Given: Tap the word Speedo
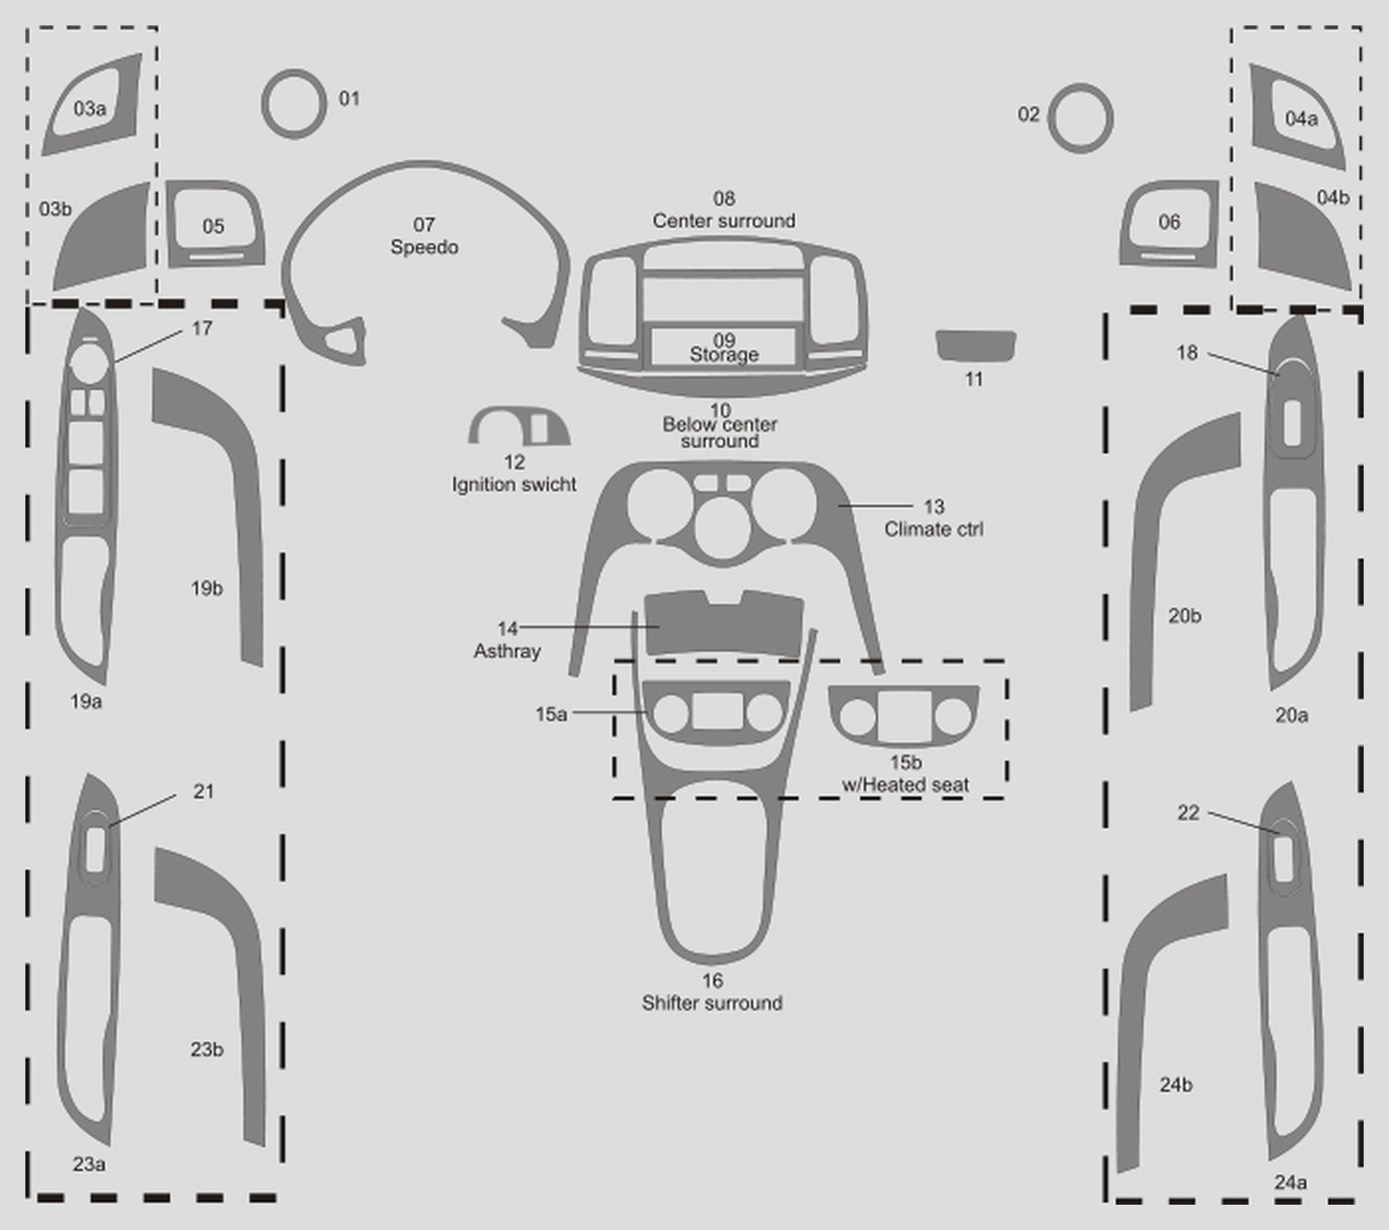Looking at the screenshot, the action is point(424,247).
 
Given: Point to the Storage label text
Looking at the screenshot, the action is point(724,355).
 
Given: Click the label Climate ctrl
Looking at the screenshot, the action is point(933,529).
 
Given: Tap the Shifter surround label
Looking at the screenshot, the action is point(712,1003).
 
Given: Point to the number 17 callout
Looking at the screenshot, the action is point(202,328).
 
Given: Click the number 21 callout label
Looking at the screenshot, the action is point(203,792).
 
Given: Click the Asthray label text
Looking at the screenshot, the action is point(507,651).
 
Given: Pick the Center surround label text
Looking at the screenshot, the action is point(724,221).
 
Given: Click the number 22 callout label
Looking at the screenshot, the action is point(1188,813).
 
